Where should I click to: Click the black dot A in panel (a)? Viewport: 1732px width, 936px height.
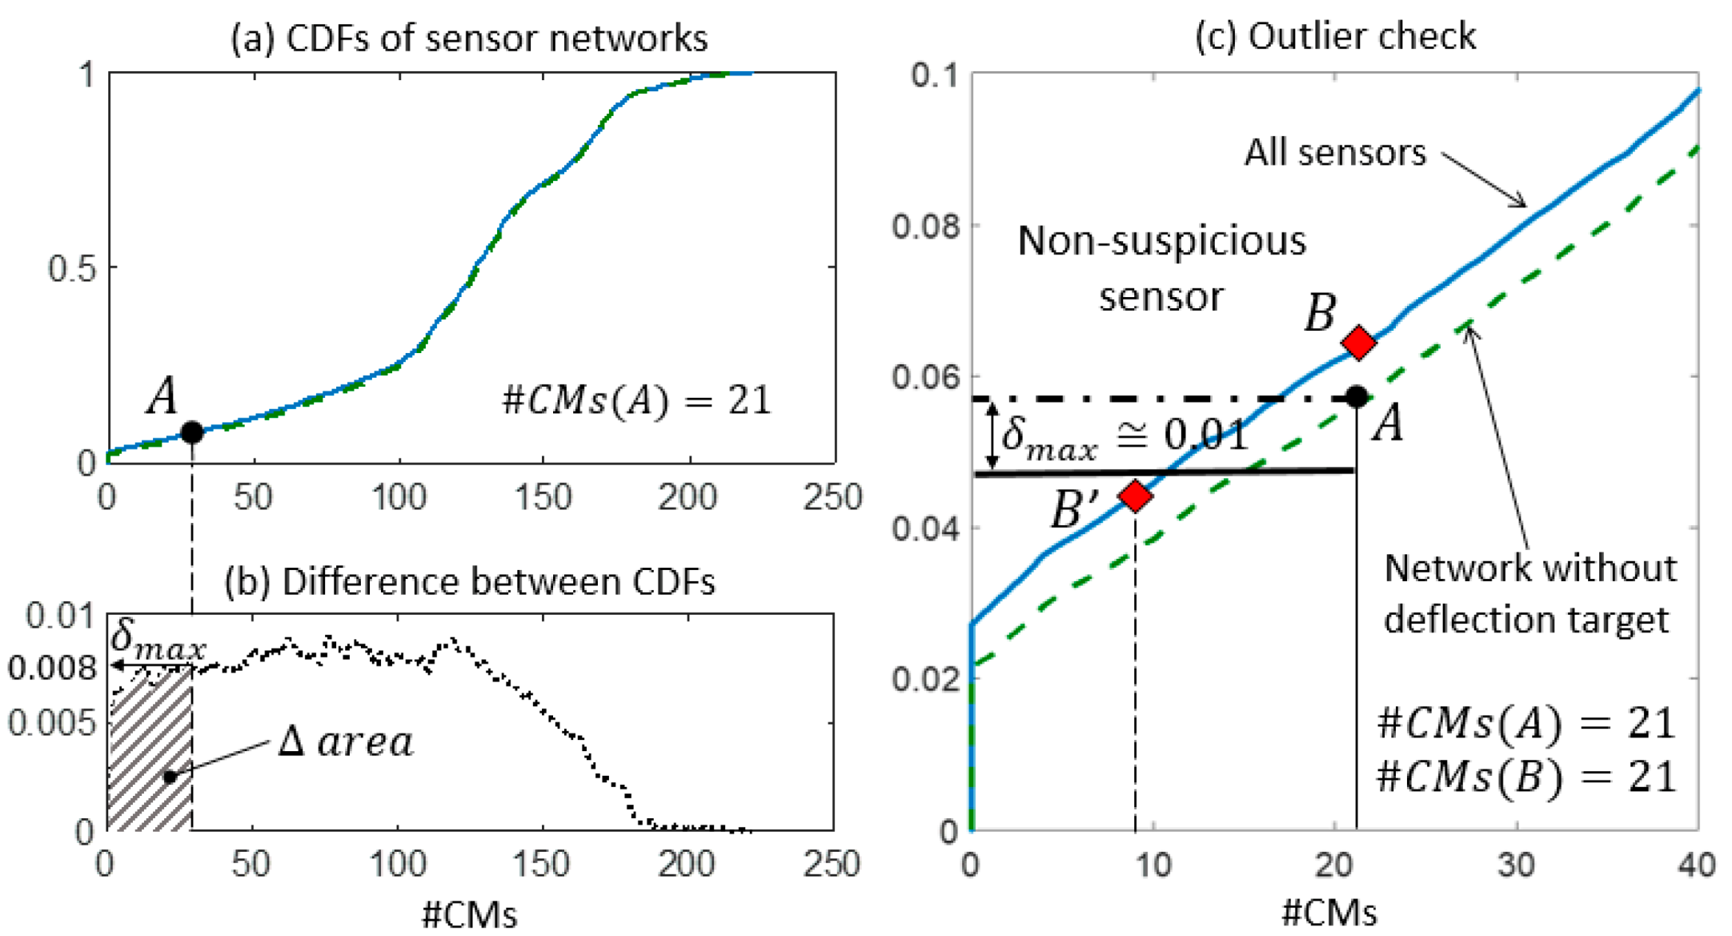tap(191, 432)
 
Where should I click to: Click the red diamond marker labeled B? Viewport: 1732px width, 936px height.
tap(1357, 343)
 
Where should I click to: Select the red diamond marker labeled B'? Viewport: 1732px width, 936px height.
tap(1134, 496)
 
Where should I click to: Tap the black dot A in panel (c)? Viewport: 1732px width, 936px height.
tap(1356, 396)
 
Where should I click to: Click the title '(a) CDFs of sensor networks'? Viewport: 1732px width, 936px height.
tap(469, 38)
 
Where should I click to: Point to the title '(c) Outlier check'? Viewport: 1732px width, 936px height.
tap(1335, 36)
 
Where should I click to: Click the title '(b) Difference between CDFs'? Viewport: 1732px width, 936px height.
tap(469, 582)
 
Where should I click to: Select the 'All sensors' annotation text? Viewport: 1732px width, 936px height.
tap(1334, 152)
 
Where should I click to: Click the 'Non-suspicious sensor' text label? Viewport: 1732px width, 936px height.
tap(1161, 268)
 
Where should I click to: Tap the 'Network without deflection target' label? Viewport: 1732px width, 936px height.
tap(1529, 593)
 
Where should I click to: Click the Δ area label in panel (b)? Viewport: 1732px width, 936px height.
tap(346, 741)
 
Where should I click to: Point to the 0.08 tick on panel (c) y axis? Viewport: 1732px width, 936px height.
tap(925, 226)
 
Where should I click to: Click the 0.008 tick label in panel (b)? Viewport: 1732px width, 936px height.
tap(51, 668)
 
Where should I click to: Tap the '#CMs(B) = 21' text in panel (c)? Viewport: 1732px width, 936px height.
tap(1526, 777)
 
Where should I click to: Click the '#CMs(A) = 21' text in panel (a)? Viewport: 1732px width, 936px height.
tap(636, 400)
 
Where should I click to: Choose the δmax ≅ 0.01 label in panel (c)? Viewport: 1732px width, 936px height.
tap(1125, 436)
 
